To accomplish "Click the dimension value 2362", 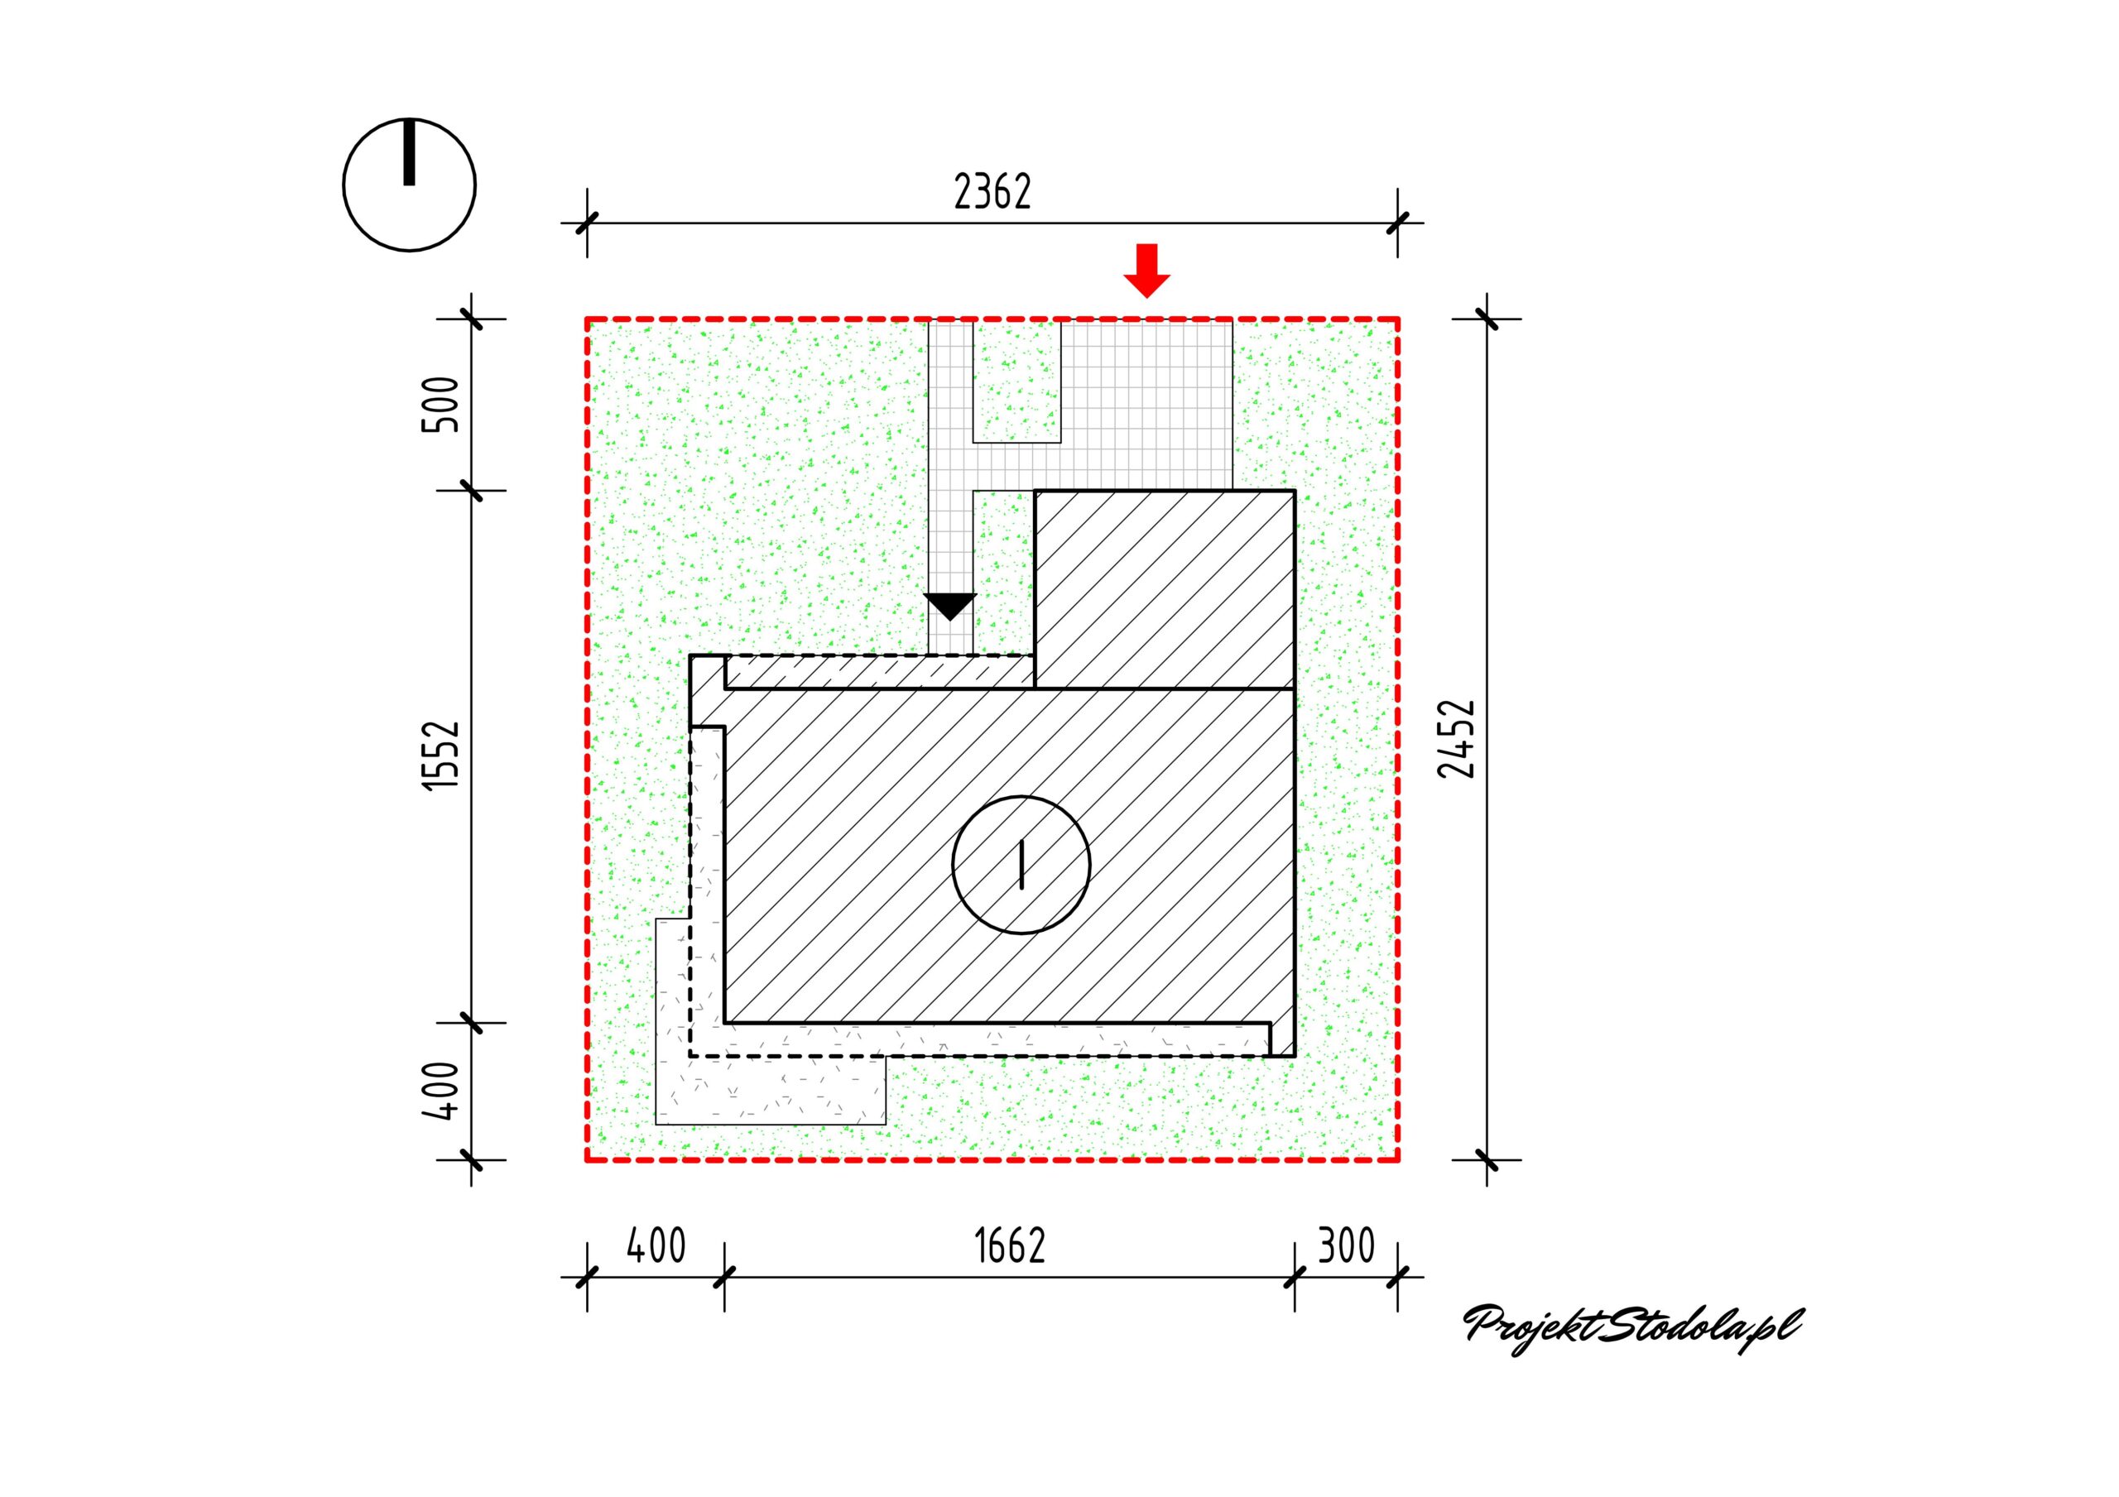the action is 992,192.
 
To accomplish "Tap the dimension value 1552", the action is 441,754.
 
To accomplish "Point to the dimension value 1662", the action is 1010,1246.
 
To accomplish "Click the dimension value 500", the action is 440,404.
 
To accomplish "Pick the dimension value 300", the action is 1346,1246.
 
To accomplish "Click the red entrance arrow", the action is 1146,271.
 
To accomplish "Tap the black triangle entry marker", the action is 949,607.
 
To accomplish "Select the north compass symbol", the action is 409,185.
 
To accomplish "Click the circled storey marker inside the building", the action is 1021,865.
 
